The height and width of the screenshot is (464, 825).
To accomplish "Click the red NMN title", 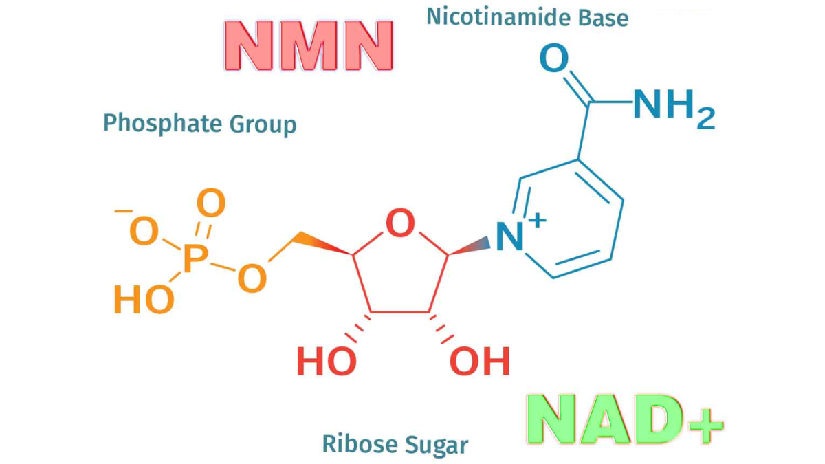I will pyautogui.click(x=308, y=45).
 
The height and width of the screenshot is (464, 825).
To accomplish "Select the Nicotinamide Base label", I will pyautogui.click(x=527, y=16).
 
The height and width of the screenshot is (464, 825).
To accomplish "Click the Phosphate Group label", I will pyautogui.click(x=199, y=124).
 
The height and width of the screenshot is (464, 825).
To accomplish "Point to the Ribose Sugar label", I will pyautogui.click(x=395, y=443).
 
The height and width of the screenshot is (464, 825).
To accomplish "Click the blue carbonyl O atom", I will pyautogui.click(x=554, y=59).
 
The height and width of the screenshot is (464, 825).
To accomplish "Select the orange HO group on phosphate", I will pyautogui.click(x=143, y=299).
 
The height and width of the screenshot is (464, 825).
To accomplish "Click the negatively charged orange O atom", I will pyautogui.click(x=144, y=232).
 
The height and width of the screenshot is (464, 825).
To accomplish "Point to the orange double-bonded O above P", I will pyautogui.click(x=211, y=204).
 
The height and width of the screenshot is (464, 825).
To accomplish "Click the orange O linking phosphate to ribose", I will pyautogui.click(x=252, y=278).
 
